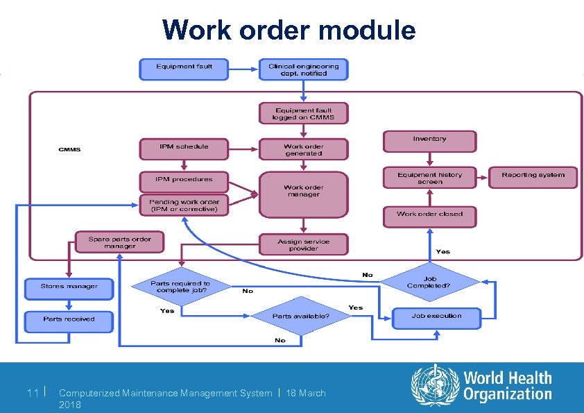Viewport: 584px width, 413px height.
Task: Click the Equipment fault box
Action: click(x=184, y=69)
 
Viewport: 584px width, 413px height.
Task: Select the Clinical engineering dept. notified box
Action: click(x=303, y=69)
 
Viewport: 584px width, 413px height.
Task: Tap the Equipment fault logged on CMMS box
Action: click(x=303, y=114)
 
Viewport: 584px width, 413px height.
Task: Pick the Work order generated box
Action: click(x=303, y=149)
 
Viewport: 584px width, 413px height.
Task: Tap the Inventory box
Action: click(x=430, y=141)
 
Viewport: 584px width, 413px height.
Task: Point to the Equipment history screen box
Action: click(x=430, y=177)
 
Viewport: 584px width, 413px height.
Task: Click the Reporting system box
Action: click(x=533, y=176)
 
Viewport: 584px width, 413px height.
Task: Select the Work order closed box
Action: click(x=430, y=215)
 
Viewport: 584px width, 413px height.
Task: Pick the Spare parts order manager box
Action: click(x=120, y=243)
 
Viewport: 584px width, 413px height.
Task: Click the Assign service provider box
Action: click(x=303, y=244)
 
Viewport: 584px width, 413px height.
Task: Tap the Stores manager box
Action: click(x=69, y=287)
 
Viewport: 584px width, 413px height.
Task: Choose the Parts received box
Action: click(x=69, y=321)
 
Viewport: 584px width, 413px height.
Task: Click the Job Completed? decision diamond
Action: click(x=429, y=283)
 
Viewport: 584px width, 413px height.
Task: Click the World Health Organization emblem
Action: click(x=435, y=386)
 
